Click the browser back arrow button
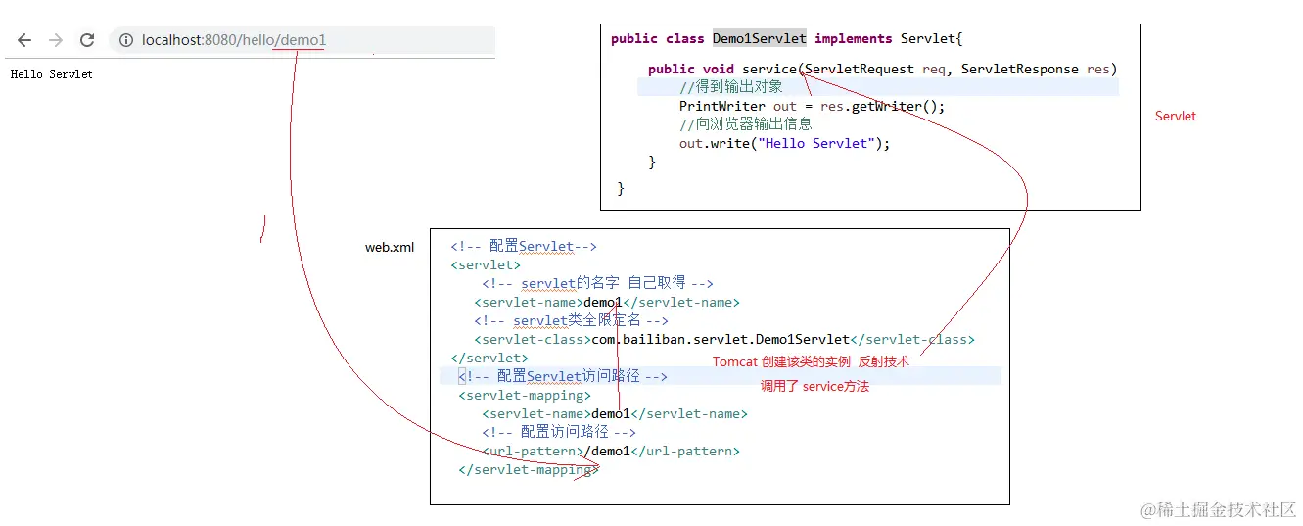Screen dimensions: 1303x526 point(24,40)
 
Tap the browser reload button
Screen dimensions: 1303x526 point(87,40)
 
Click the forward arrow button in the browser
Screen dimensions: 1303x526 point(56,40)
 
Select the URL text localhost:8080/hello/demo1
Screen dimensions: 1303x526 point(233,40)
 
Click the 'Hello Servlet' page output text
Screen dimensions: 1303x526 point(51,74)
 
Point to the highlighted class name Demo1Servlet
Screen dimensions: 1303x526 point(759,39)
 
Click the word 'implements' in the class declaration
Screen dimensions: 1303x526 point(853,39)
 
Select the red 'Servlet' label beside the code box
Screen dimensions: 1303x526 point(1175,116)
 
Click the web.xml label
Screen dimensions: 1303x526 point(390,248)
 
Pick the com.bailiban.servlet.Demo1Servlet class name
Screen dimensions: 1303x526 point(720,340)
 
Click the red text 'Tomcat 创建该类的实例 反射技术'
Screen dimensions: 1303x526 point(811,361)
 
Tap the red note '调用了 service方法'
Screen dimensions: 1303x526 point(814,387)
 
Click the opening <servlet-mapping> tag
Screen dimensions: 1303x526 point(524,396)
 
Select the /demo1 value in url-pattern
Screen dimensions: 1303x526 point(607,452)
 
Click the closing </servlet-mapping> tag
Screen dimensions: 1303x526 point(529,470)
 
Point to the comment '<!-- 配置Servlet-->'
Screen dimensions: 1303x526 point(523,247)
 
